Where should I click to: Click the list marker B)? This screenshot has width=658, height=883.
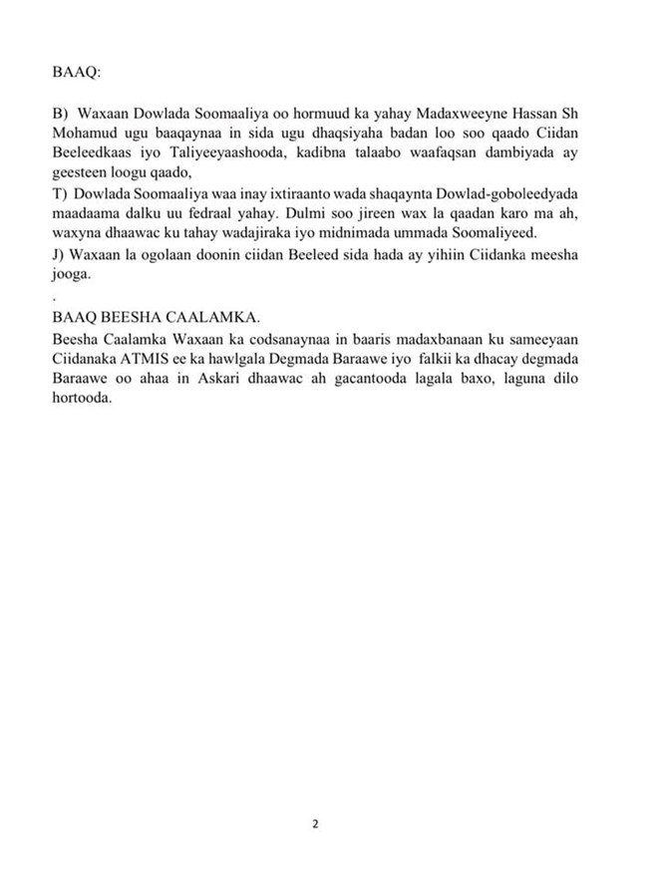coord(59,117)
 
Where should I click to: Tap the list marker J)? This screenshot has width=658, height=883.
coord(58,255)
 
